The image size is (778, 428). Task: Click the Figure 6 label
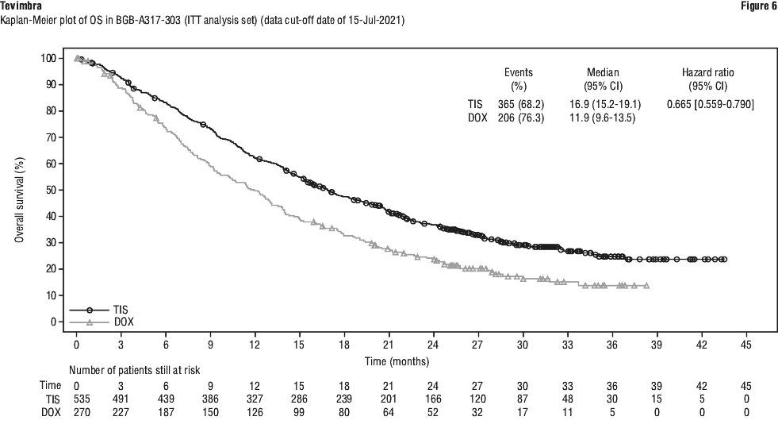tap(758, 6)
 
